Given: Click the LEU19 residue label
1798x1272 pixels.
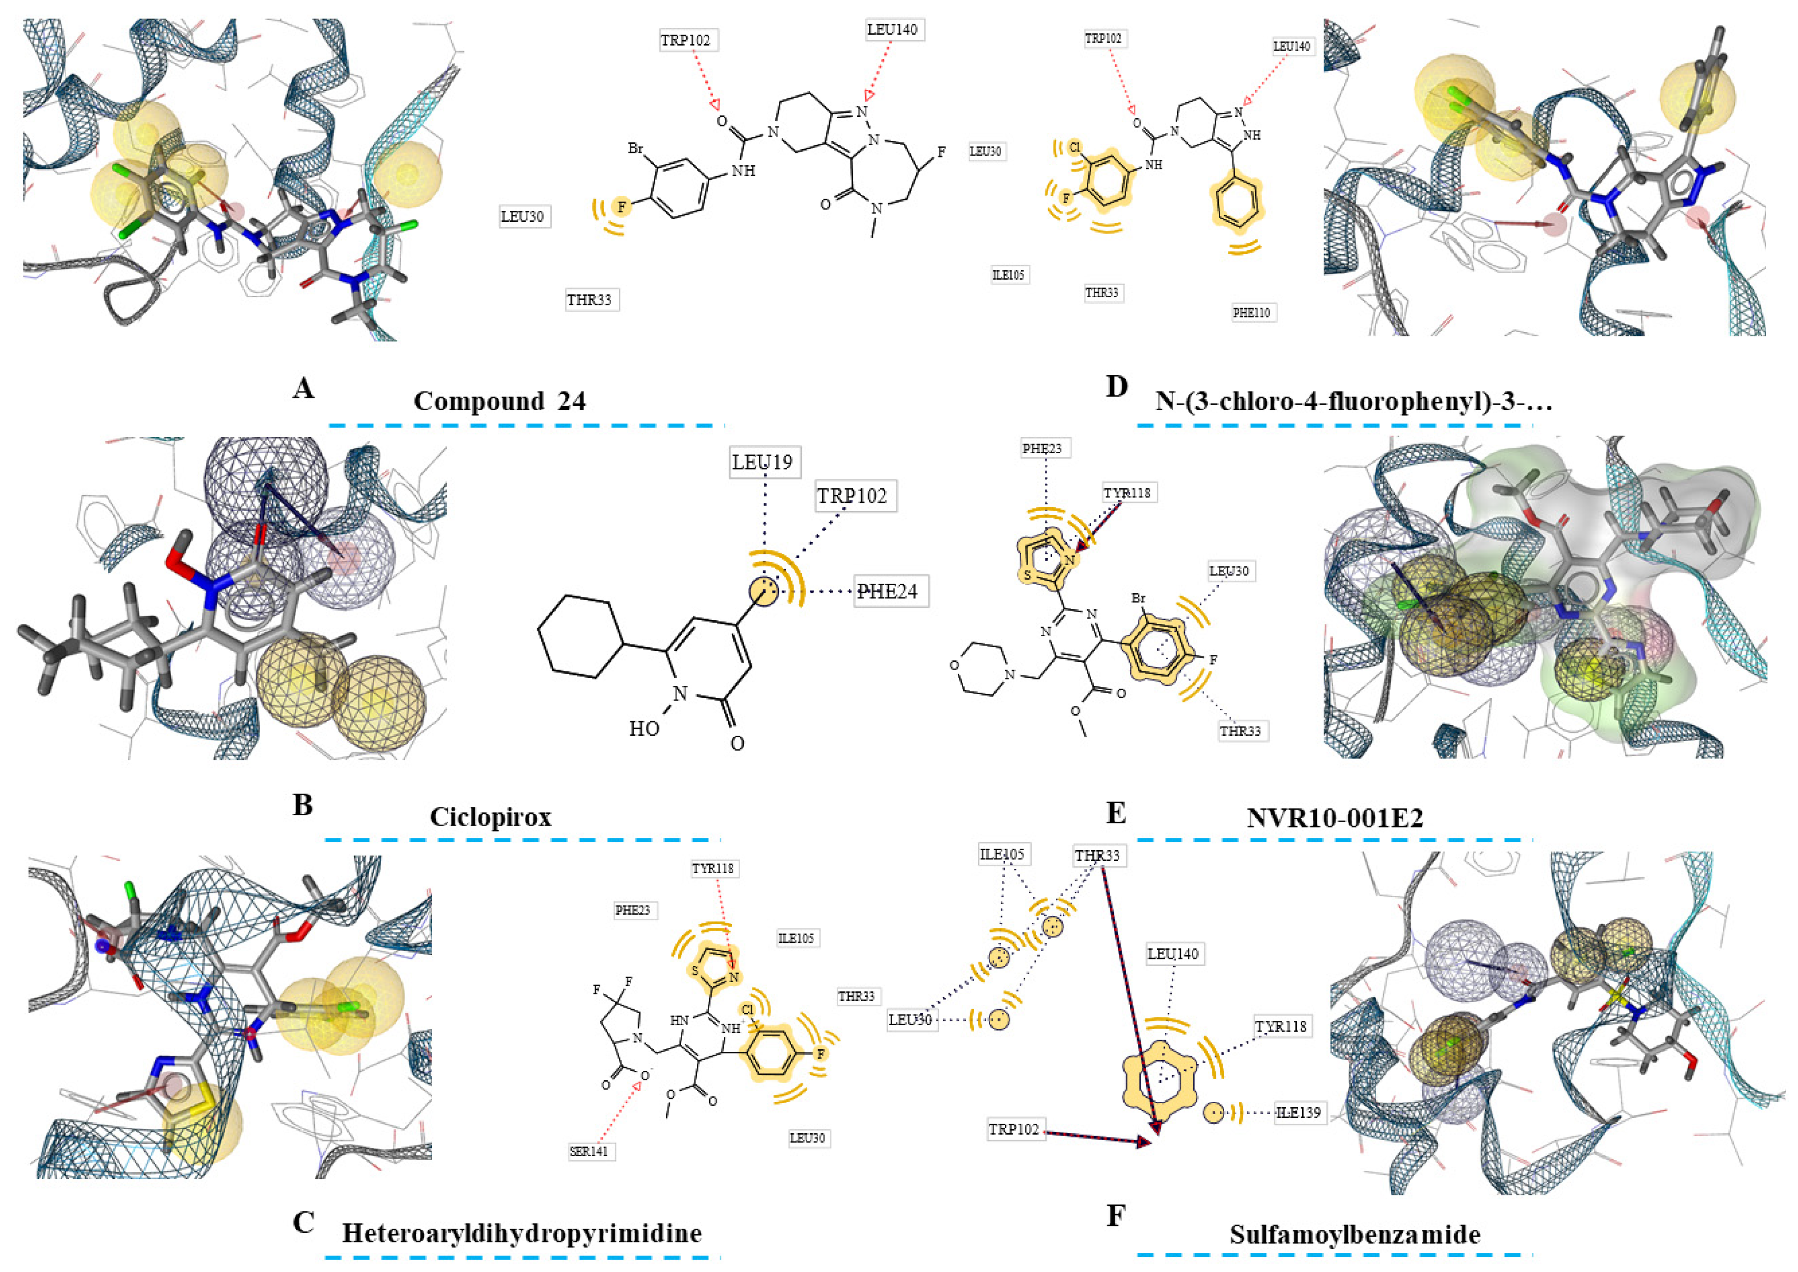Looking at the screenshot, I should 762,462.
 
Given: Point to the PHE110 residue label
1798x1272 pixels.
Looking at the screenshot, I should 1252,312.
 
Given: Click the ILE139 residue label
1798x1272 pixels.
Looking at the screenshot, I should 1298,1112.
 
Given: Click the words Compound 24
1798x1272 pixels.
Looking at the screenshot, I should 500,401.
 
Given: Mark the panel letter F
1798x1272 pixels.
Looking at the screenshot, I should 1115,1217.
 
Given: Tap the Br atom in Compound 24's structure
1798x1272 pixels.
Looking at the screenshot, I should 635,148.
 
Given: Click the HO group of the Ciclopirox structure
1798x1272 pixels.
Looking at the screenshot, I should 644,728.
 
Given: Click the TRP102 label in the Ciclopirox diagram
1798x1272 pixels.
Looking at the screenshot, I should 852,496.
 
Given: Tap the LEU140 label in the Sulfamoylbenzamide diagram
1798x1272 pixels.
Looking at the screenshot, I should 1172,954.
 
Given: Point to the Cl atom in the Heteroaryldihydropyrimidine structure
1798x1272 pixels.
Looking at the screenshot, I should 747,1010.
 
